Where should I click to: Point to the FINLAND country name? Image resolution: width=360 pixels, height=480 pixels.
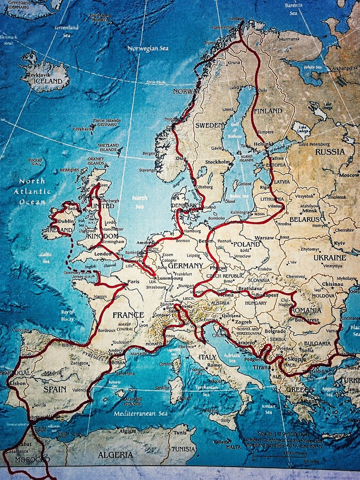point(268,111)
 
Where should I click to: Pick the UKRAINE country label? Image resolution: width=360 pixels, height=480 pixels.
point(329,257)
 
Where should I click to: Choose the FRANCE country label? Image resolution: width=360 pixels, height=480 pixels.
point(128,315)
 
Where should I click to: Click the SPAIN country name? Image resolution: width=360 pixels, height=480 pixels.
point(54,388)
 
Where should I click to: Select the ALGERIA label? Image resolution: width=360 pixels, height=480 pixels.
point(116,455)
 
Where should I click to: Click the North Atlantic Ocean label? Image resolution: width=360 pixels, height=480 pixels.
point(32,191)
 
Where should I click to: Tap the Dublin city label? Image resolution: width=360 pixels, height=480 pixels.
point(65,221)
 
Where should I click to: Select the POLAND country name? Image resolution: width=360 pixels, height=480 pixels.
point(246,244)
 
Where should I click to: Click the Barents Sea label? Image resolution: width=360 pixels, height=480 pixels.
point(293,9)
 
